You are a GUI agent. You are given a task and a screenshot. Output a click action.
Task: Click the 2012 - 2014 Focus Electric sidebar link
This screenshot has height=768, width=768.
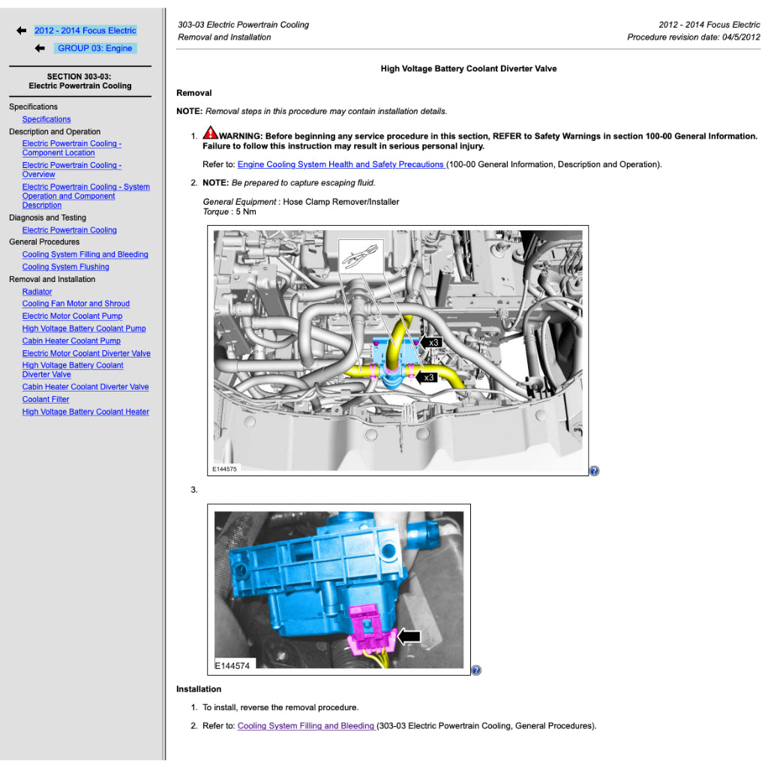coord(85,30)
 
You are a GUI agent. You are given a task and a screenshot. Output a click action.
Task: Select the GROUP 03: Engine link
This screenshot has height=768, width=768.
coord(95,48)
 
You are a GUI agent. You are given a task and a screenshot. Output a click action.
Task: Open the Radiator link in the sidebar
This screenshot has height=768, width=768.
coord(37,292)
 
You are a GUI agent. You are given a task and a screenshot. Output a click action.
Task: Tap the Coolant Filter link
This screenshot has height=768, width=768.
coord(46,399)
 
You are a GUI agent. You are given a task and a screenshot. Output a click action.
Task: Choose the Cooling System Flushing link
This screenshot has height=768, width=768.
coord(66,267)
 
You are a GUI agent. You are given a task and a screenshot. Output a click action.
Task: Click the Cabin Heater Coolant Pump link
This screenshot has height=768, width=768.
coord(71,341)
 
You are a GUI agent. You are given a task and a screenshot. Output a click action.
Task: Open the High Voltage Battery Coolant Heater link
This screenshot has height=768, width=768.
coord(85,412)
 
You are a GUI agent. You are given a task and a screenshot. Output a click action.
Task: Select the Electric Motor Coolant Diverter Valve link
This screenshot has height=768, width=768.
coord(86,353)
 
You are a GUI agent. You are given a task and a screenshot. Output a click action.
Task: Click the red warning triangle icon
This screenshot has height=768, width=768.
coord(210,133)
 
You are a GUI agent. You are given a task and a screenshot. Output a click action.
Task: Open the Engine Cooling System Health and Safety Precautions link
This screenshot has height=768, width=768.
coord(341,164)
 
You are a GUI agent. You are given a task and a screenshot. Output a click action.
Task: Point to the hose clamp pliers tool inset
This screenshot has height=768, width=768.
coord(361,256)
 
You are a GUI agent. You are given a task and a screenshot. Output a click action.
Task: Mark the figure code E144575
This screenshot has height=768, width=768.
coord(224,469)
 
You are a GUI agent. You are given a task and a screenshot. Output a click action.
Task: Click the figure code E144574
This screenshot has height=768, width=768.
coord(232,666)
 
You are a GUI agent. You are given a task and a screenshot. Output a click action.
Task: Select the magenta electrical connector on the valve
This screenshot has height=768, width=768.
coord(369,630)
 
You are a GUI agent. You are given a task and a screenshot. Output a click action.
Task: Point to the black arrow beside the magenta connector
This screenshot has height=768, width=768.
coord(409,637)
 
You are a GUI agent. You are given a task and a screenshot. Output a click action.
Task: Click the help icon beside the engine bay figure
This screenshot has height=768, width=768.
coord(594,471)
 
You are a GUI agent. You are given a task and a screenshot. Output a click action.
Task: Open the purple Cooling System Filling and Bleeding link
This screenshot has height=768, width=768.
coord(306,726)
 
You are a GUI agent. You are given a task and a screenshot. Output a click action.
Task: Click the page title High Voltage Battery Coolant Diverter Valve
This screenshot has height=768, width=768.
coord(469,68)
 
